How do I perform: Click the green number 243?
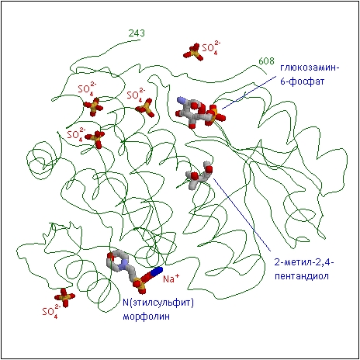coord(137,33)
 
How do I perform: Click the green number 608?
coord(266,61)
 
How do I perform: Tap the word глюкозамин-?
coord(310,67)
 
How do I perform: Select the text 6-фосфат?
coord(302,81)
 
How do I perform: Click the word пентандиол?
coord(302,276)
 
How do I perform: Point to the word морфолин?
coord(146,317)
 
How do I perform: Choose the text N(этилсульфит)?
coord(158,303)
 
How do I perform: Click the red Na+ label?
coord(171,279)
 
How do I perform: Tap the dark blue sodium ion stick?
coord(156,272)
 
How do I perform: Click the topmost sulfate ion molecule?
coord(193,52)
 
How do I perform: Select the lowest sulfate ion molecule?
coord(64,298)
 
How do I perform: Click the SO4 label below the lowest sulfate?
coord(51,311)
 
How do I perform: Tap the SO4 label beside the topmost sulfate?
coord(211,47)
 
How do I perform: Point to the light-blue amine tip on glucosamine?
coord(182,100)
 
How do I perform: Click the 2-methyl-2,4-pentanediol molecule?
coord(199,175)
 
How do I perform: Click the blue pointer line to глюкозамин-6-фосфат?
coord(249,93)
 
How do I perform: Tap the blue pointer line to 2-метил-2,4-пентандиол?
coord(242,215)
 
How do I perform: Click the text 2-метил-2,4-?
coord(304,262)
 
